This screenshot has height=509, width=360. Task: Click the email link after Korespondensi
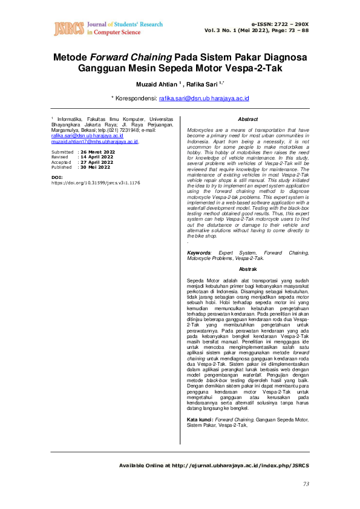(205, 97)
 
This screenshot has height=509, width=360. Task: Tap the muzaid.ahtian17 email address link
(96, 141)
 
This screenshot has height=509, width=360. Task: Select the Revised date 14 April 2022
(97, 157)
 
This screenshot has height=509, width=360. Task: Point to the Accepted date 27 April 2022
(97, 162)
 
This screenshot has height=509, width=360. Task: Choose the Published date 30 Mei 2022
(95, 167)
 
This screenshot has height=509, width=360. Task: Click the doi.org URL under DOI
(96, 182)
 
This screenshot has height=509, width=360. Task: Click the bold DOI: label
(57, 177)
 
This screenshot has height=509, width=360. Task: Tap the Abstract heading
(248, 120)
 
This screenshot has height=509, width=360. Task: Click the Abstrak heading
(248, 268)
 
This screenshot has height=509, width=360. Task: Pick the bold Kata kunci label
(200, 419)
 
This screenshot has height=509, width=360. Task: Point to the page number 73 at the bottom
(306, 484)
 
